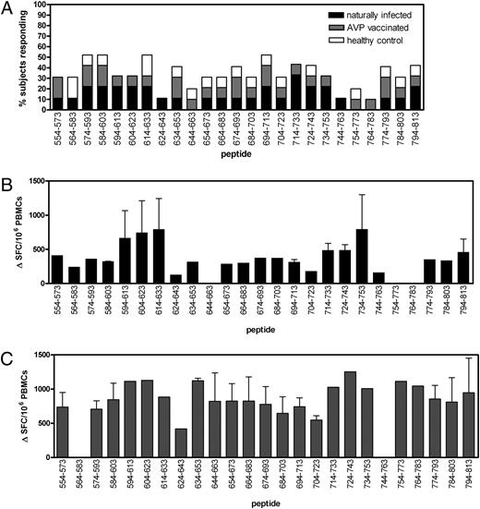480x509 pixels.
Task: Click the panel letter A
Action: [x=8, y=8]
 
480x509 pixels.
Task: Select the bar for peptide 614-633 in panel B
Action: [x=214, y=244]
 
